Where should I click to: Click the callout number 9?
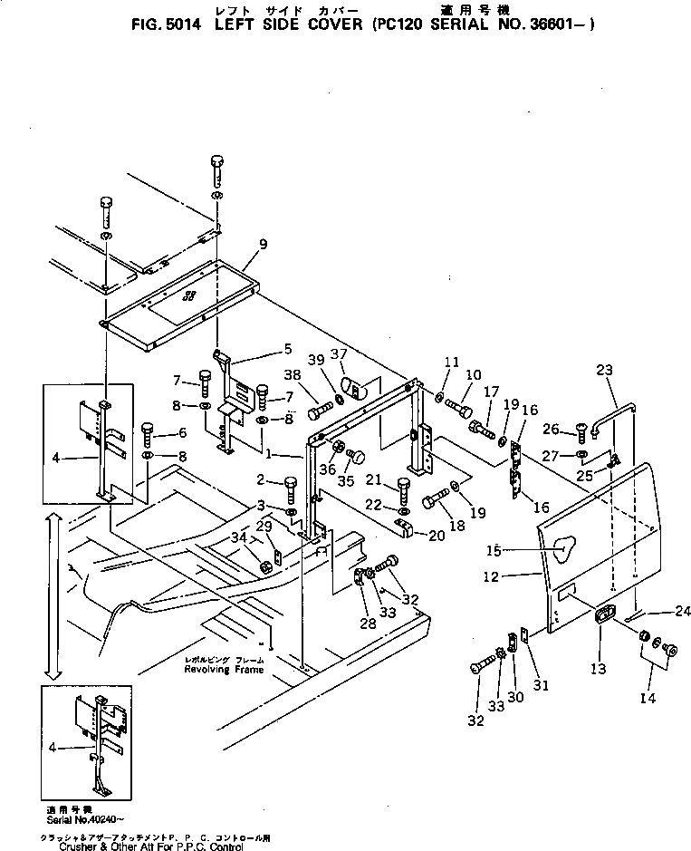pyautogui.click(x=263, y=244)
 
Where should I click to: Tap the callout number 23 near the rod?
pyautogui.click(x=605, y=369)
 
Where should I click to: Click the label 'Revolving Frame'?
pyautogui.click(x=224, y=670)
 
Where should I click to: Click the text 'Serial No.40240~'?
pyautogui.click(x=77, y=816)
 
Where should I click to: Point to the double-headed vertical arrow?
pyautogui.click(x=53, y=595)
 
